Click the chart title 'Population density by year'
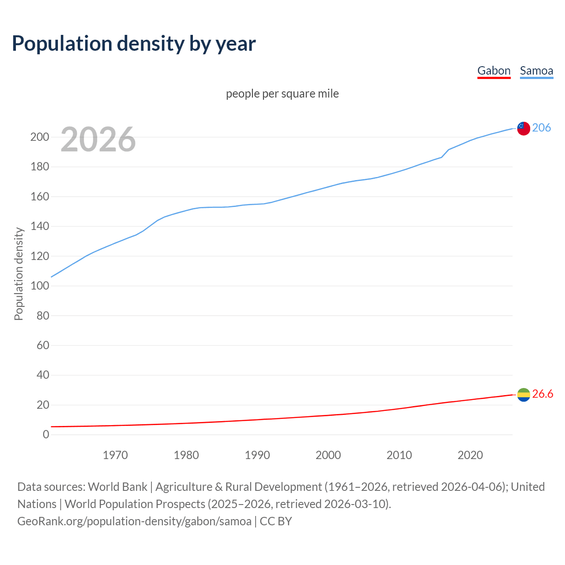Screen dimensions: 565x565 pyautogui.click(x=134, y=43)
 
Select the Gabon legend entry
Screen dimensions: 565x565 pyautogui.click(x=494, y=71)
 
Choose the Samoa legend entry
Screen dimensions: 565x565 pyautogui.click(x=536, y=71)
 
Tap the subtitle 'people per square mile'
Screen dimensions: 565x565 pyautogui.click(x=282, y=94)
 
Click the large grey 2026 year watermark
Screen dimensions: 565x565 pyautogui.click(x=98, y=139)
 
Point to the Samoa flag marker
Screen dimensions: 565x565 pyautogui.click(x=524, y=128)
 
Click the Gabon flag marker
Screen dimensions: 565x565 pyautogui.click(x=524, y=395)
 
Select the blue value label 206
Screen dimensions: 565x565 pyautogui.click(x=542, y=128)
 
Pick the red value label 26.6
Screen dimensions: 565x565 pyautogui.click(x=542, y=394)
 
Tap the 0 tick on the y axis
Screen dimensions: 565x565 pyautogui.click(x=46, y=434)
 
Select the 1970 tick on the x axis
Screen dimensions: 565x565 pyautogui.click(x=115, y=455)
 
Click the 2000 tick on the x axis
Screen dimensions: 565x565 pyautogui.click(x=328, y=455)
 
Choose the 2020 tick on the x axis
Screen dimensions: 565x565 pyautogui.click(x=470, y=455)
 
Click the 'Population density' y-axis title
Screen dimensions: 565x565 pyautogui.click(x=19, y=274)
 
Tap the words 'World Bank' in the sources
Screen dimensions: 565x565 pyautogui.click(x=117, y=487)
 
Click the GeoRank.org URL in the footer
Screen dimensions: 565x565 pyautogui.click(x=134, y=521)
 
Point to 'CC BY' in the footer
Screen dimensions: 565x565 pyautogui.click(x=276, y=521)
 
